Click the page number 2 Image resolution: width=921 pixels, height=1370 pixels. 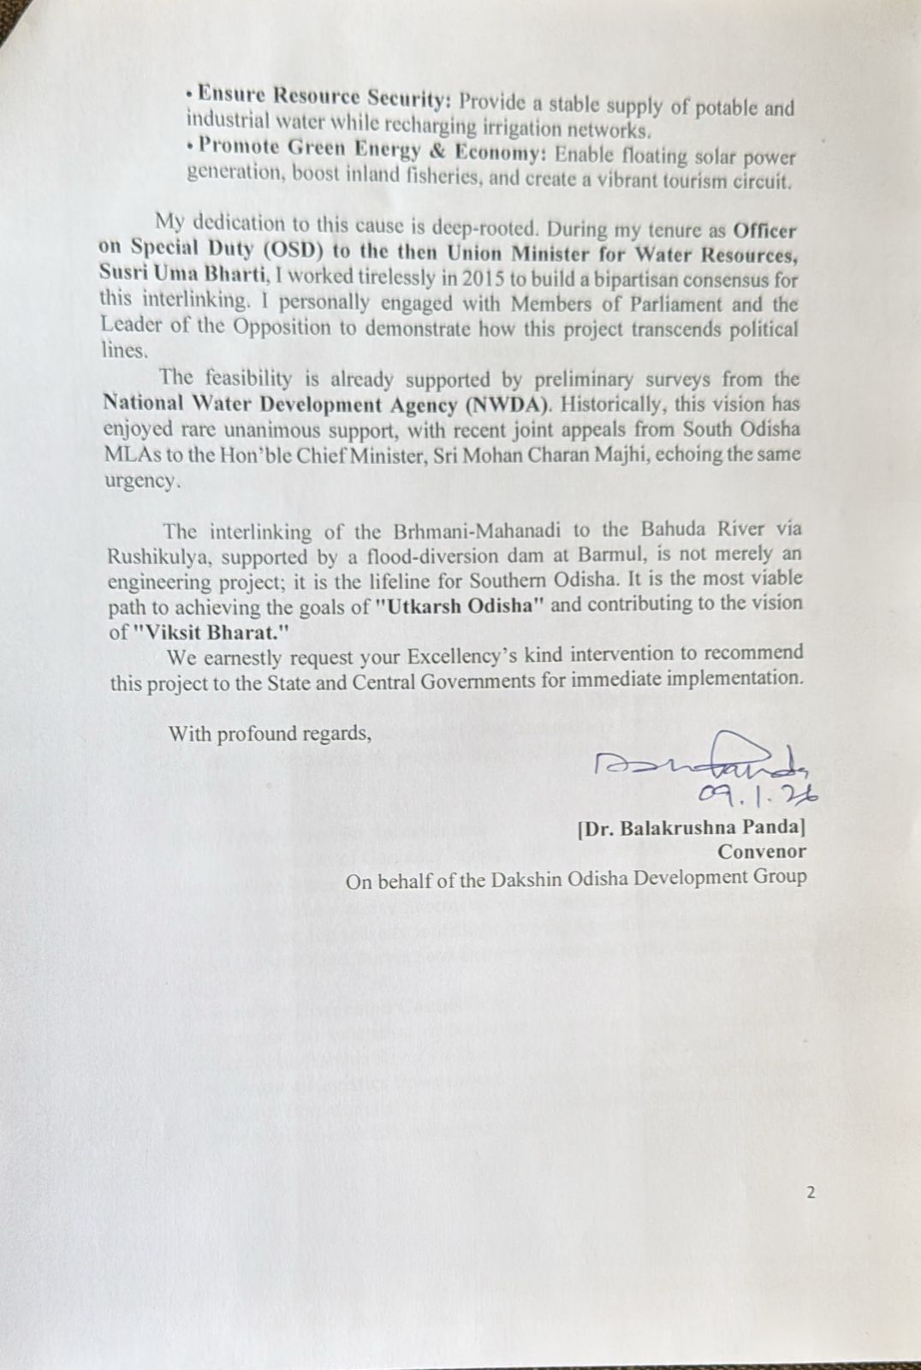point(810,1193)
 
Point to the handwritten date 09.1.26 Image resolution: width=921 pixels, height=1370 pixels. point(757,795)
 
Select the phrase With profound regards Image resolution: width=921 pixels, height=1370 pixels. point(270,734)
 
